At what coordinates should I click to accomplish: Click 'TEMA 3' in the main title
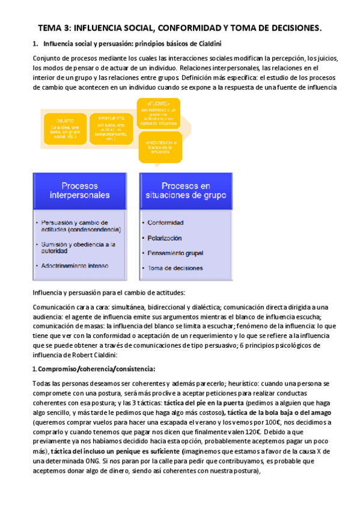(56, 28)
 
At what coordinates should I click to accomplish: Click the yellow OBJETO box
(65, 129)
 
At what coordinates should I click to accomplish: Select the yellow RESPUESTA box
(111, 129)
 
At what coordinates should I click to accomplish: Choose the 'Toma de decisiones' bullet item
(175, 268)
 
